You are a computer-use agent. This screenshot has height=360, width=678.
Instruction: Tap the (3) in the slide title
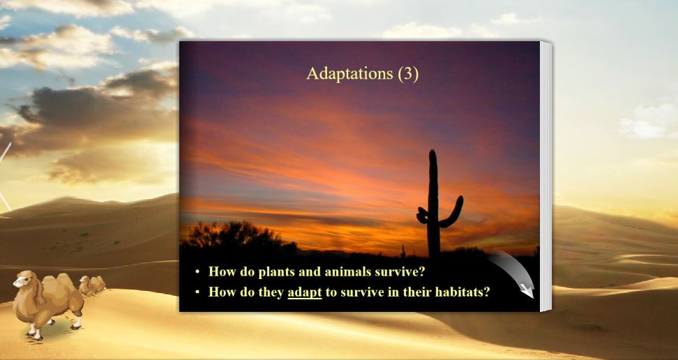[x=407, y=74]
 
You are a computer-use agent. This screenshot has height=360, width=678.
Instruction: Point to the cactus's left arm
[x=423, y=216]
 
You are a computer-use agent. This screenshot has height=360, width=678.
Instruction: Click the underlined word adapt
[x=304, y=292]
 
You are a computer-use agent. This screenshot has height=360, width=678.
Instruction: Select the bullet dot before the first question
[x=198, y=272]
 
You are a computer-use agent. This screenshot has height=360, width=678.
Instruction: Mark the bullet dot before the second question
[x=198, y=292]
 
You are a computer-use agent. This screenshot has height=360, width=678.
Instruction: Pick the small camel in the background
[x=91, y=285]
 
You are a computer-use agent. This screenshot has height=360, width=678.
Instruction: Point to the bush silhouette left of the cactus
[x=234, y=236]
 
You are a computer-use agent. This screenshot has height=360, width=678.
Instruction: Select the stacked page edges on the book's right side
[x=545, y=174]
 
